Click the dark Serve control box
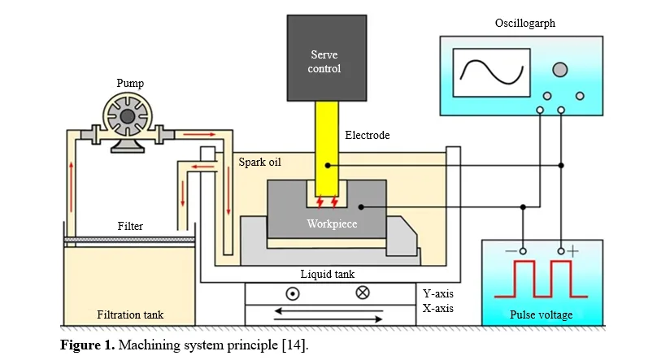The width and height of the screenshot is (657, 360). pyautogui.click(x=327, y=59)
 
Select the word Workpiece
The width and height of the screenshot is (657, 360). pyautogui.click(x=332, y=224)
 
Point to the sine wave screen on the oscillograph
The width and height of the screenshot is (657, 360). pyautogui.click(x=491, y=73)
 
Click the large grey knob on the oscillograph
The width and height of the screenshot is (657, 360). pyautogui.click(x=559, y=70)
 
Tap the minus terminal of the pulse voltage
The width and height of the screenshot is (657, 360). pyautogui.click(x=523, y=251)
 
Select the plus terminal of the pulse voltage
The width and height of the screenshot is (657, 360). pyautogui.click(x=561, y=251)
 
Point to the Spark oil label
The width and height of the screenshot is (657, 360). pyautogui.click(x=259, y=162)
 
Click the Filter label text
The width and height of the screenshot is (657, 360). pyautogui.click(x=130, y=226)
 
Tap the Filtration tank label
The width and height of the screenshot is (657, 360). pyautogui.click(x=130, y=314)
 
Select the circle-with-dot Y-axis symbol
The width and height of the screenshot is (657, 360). pyautogui.click(x=293, y=294)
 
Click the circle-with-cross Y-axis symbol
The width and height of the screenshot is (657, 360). pyautogui.click(x=363, y=293)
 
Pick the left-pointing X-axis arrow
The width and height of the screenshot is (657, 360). pyautogui.click(x=328, y=311)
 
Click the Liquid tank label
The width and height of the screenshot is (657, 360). pyautogui.click(x=327, y=274)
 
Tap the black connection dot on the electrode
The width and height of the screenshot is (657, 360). pyautogui.click(x=328, y=166)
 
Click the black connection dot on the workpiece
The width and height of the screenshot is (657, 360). pyautogui.click(x=361, y=206)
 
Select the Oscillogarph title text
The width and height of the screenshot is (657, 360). pyautogui.click(x=525, y=24)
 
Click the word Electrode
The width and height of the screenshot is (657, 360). pyautogui.click(x=367, y=135)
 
